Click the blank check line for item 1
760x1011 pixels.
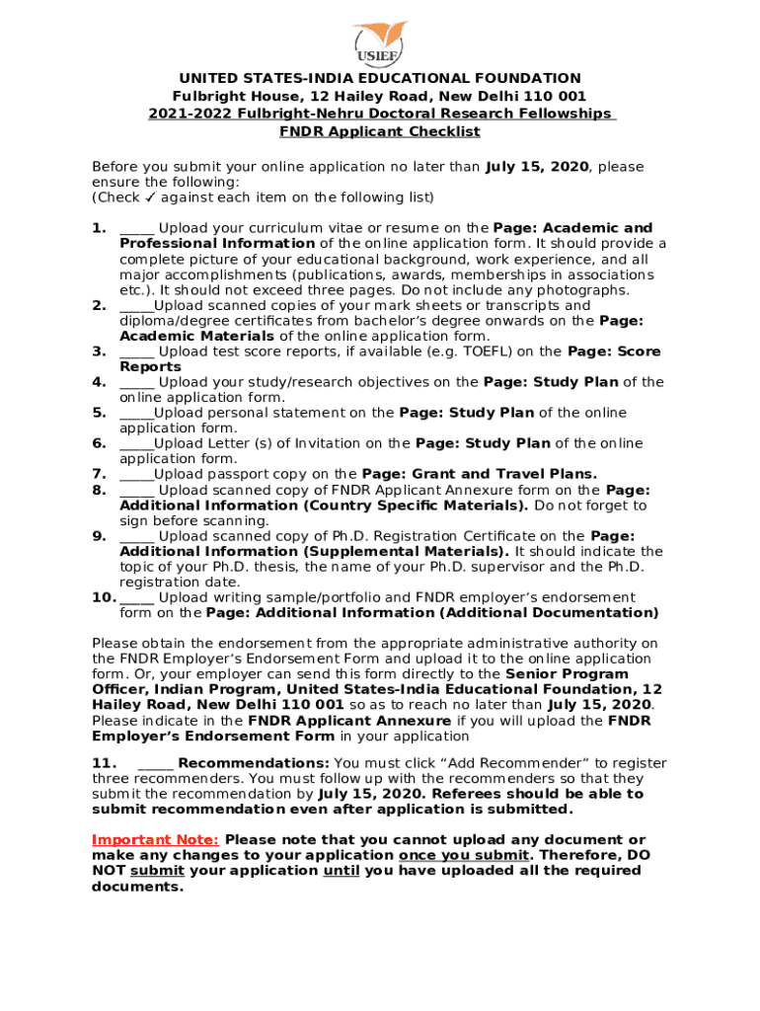coord(136,229)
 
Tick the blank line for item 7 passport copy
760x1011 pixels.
coord(136,475)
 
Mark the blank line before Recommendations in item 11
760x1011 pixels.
coord(156,763)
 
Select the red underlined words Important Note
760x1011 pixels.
coord(155,840)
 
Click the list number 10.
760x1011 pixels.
coord(104,597)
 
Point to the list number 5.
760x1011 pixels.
coord(99,413)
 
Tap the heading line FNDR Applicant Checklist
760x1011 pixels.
coord(380,131)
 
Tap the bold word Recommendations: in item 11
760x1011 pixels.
coord(254,763)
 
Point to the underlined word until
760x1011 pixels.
coord(342,871)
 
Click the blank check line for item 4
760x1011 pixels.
coord(136,382)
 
